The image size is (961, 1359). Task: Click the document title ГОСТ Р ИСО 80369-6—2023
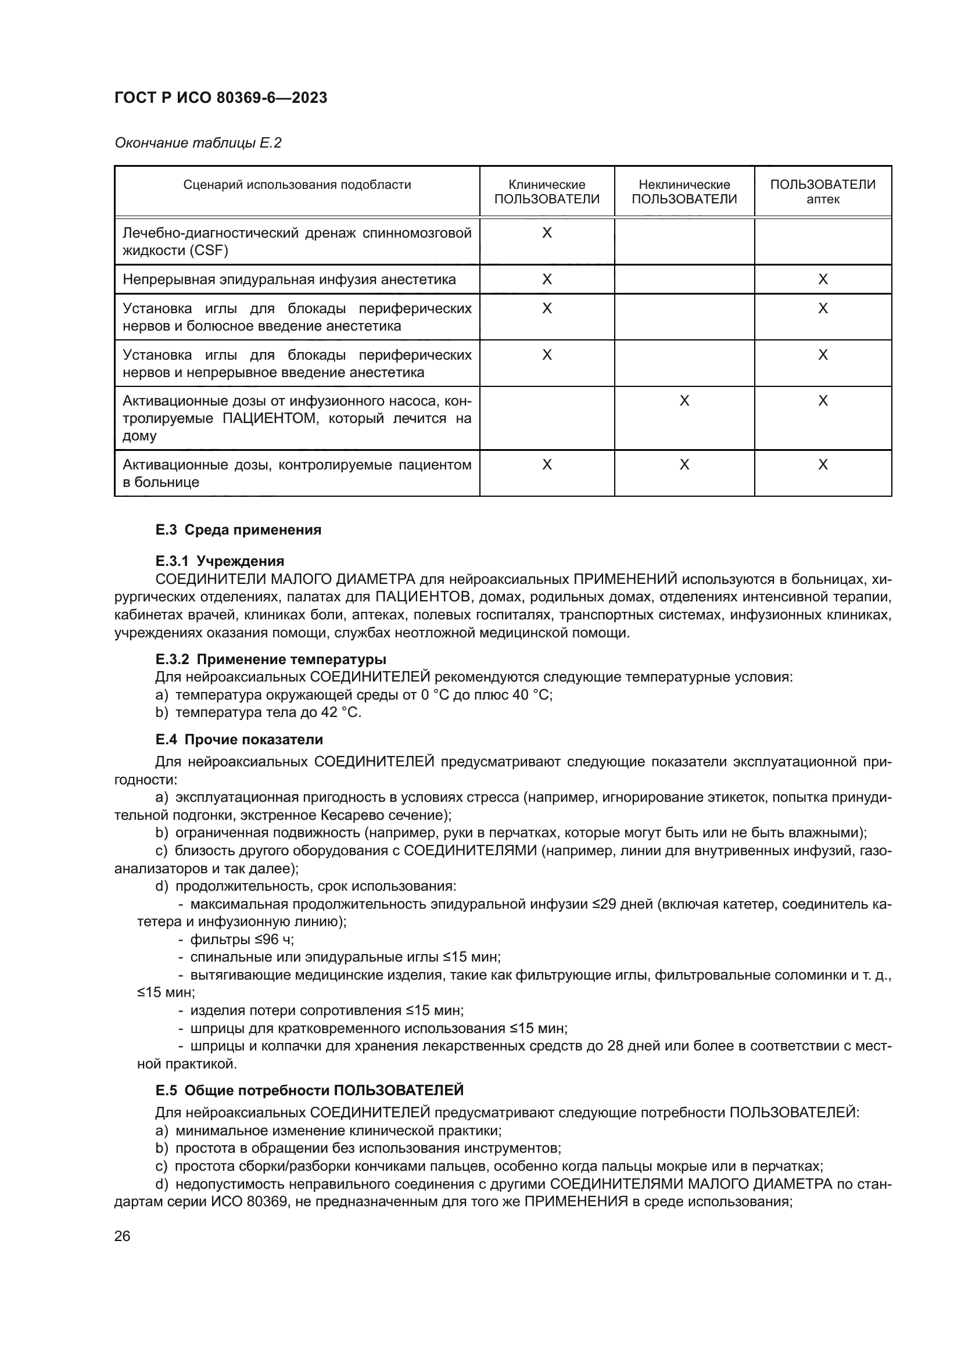tap(221, 98)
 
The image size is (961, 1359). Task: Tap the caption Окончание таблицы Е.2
tap(198, 144)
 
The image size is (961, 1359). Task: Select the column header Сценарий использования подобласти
tap(296, 185)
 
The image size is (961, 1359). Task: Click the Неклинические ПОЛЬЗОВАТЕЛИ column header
tap(684, 192)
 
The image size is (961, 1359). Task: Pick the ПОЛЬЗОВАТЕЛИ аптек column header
tap(823, 192)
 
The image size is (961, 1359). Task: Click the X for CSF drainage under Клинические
tap(547, 233)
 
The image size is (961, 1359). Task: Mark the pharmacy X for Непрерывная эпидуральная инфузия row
tap(823, 279)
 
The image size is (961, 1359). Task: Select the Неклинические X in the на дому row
tap(684, 401)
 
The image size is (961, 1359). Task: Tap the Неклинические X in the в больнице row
tap(684, 465)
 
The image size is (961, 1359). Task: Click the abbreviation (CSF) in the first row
tap(209, 250)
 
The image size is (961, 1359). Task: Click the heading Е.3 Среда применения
tap(238, 530)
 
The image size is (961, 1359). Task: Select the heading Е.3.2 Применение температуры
tap(270, 659)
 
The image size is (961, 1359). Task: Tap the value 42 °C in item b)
tap(340, 713)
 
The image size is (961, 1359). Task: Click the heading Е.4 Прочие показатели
tap(238, 740)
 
